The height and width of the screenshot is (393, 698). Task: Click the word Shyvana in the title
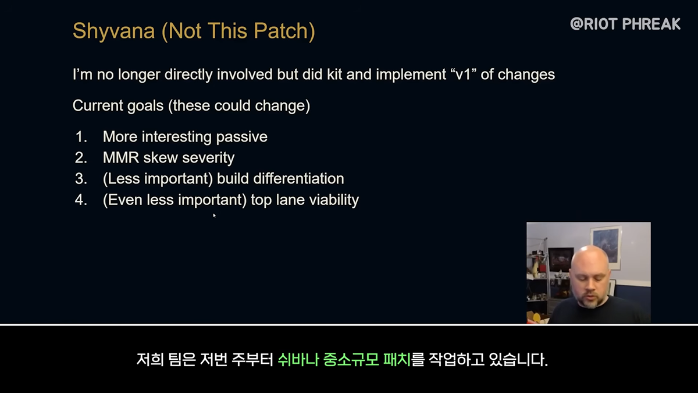click(x=114, y=32)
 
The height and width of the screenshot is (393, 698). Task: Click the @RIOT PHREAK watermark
click(x=625, y=24)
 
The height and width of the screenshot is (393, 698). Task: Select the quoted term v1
click(x=464, y=75)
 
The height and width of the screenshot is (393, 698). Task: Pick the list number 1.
click(x=81, y=137)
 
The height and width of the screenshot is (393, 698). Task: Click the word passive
click(x=241, y=137)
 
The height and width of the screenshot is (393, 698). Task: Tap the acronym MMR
click(x=121, y=158)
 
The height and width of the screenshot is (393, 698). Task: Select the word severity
click(x=208, y=158)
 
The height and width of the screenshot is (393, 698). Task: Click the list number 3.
click(x=81, y=179)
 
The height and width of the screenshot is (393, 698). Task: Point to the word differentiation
click(x=298, y=179)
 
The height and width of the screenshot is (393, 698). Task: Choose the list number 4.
click(x=81, y=200)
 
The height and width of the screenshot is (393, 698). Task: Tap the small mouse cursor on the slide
click(x=215, y=215)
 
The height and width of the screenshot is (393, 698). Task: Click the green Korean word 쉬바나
click(x=298, y=360)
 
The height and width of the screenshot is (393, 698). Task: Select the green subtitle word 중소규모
click(x=351, y=360)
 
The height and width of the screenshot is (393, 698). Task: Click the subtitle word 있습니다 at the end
click(x=518, y=360)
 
